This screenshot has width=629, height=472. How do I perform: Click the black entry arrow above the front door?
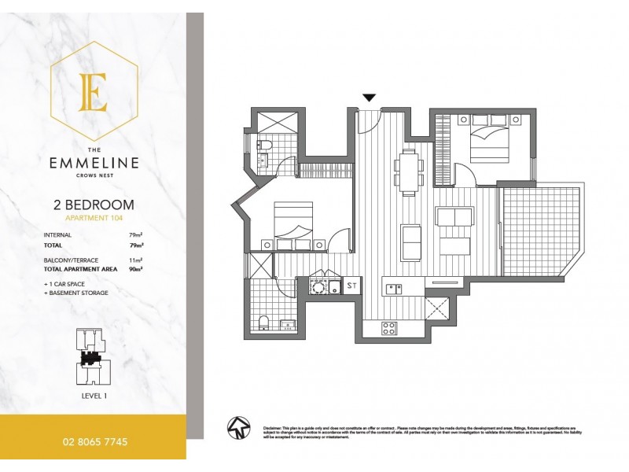[x=369, y=98]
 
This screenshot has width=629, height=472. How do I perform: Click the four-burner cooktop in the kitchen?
[x=389, y=329]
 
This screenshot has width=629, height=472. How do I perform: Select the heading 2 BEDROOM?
[x=93, y=205]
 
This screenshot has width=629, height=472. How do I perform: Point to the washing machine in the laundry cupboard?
[x=318, y=286]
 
